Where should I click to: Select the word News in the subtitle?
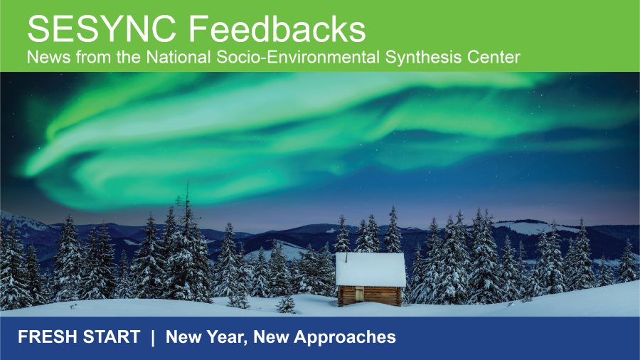(45, 58)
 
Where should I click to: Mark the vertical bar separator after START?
(152, 337)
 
